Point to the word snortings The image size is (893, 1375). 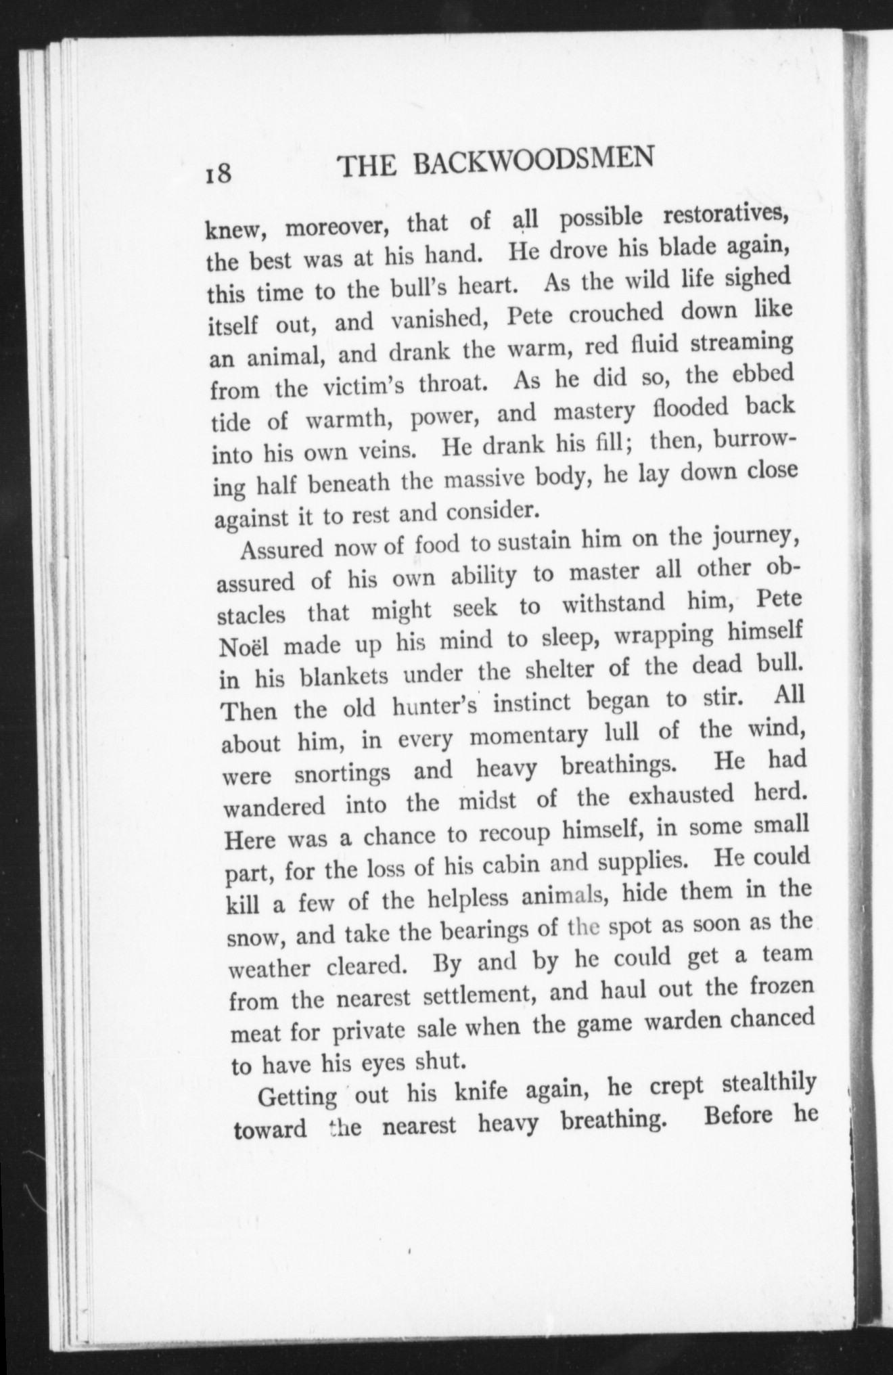tap(342, 773)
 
